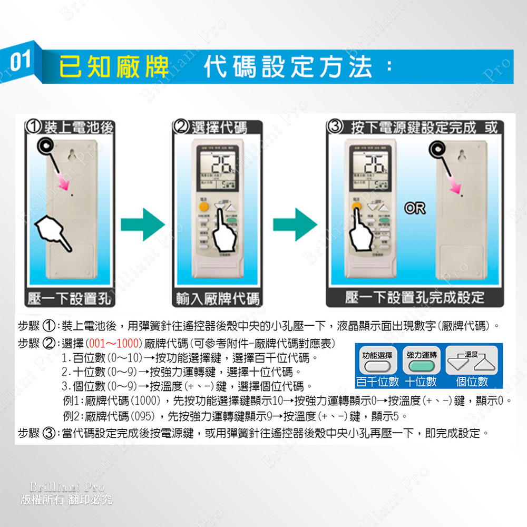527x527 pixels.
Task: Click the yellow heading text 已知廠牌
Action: click(x=114, y=66)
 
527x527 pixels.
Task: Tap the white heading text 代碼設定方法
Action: click(x=288, y=66)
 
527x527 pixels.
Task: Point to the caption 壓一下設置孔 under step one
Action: click(x=70, y=298)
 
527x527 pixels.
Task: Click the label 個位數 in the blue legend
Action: click(x=472, y=381)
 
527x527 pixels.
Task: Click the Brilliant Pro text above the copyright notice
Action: click(x=67, y=486)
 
